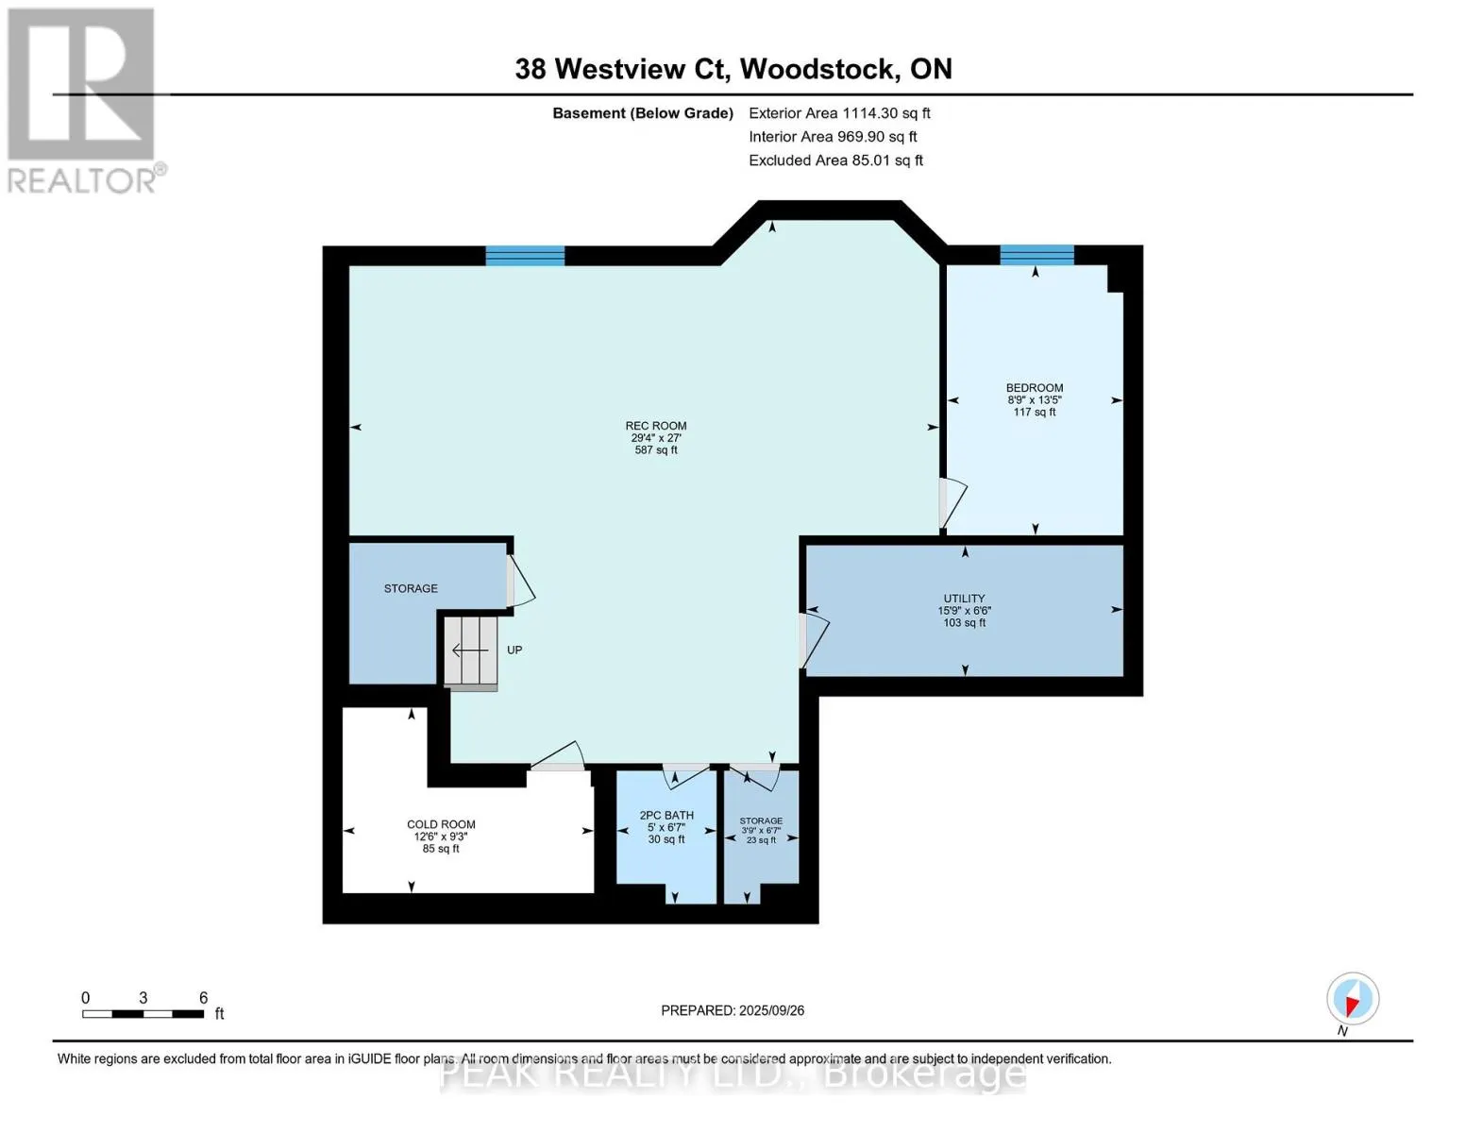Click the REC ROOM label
pos(656,426)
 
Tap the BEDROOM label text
pos(1035,388)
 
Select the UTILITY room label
pos(964,599)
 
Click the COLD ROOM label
pos(441,824)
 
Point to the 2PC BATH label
pos(666,815)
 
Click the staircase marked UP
pos(471,651)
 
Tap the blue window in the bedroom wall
pos(1036,255)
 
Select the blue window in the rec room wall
pos(525,256)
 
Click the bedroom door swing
pos(952,503)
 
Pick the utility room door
pos(813,640)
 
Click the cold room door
pos(558,757)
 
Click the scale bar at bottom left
pos(143,1014)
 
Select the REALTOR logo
pos(82,100)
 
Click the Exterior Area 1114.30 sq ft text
pos(839,113)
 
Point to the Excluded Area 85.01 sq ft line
pos(835,161)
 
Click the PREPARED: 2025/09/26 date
pos(733,1010)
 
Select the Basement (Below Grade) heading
pos(643,113)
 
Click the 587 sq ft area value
pos(656,450)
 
